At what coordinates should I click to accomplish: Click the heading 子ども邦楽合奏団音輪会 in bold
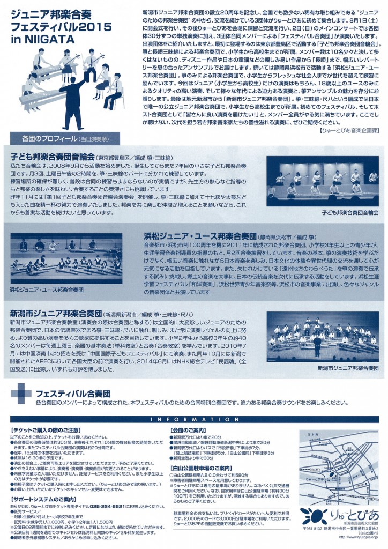click(52, 157)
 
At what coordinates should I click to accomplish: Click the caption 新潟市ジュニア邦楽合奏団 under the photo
click(347, 369)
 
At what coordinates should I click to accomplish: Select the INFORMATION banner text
click(193, 419)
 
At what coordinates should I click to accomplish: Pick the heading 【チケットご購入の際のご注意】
click(47, 431)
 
